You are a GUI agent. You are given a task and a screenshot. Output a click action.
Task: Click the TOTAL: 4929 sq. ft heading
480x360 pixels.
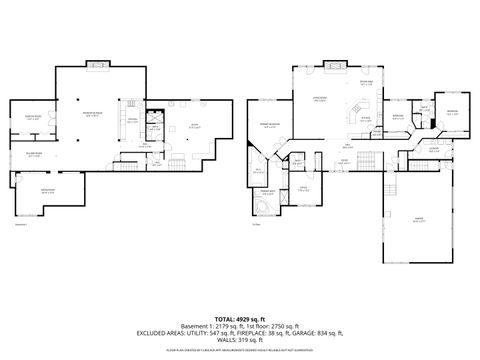(240, 318)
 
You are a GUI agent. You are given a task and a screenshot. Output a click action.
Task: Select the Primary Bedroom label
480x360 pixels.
(270, 125)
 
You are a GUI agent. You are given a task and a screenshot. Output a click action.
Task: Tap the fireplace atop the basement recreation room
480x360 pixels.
(97, 66)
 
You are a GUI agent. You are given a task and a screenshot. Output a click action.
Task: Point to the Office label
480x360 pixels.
(301, 189)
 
